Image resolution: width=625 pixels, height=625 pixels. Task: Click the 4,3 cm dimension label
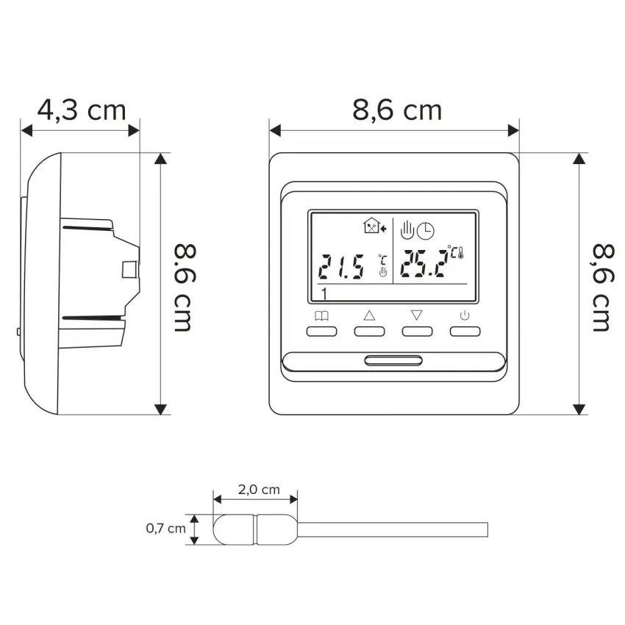[82, 110]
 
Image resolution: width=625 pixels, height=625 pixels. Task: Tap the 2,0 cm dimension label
[259, 490]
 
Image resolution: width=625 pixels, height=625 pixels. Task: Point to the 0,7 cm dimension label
[166, 529]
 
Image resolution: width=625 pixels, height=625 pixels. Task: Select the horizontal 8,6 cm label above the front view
[397, 110]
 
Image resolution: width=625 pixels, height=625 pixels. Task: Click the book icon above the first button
[321, 316]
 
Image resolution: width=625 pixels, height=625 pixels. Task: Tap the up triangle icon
[370, 315]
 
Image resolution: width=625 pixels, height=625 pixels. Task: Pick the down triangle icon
[416, 315]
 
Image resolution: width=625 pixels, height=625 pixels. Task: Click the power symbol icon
[465, 316]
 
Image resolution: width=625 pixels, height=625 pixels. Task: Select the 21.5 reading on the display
[341, 266]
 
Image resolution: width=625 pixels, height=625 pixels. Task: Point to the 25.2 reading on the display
[423, 263]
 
